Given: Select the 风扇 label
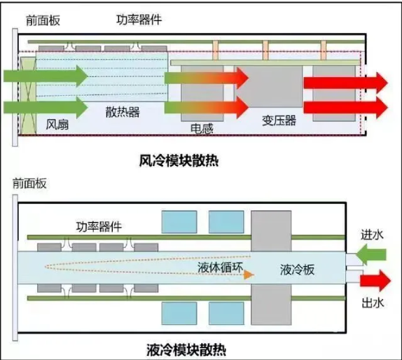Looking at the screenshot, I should click(57, 125).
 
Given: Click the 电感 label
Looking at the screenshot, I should click(202, 130).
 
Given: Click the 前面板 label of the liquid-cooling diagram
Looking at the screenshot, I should click(29, 184).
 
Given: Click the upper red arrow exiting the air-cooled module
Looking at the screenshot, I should click(345, 81).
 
